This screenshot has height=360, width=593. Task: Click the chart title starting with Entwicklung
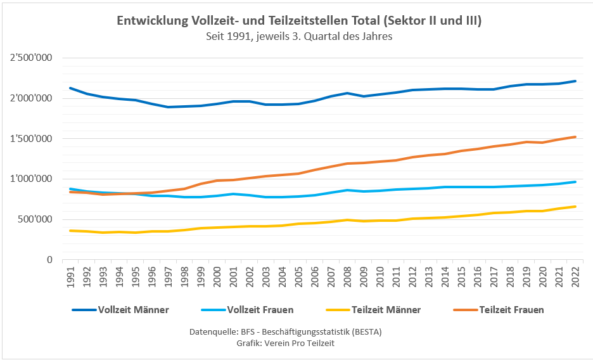coord(299,21)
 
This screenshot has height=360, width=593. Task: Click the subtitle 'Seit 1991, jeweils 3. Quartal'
coord(299,37)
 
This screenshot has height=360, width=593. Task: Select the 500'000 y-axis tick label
coord(35,219)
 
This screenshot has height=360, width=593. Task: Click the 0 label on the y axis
coord(48,260)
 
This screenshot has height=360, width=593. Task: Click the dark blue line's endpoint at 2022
coord(575,81)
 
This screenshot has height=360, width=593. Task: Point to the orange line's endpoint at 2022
coord(575,137)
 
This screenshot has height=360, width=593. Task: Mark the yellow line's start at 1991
coord(70,231)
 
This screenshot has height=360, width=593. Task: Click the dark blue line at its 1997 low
coord(169,107)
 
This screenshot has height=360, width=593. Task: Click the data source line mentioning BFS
coord(285,331)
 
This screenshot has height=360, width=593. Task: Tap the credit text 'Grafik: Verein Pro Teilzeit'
coord(285,343)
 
